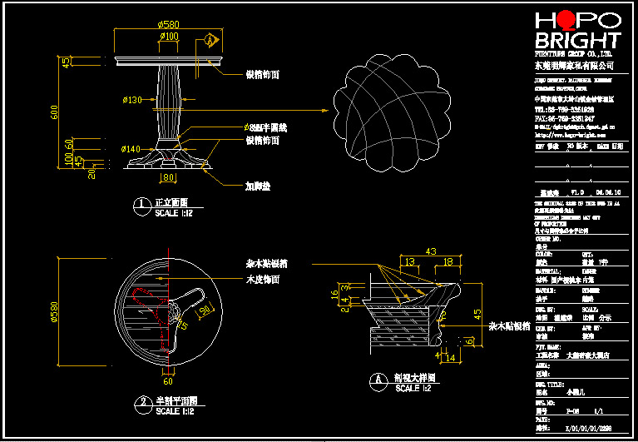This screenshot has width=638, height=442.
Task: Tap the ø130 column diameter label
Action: coord(133,100)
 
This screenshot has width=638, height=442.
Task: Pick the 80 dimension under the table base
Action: coord(168,177)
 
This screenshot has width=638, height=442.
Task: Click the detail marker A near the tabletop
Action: coord(211,39)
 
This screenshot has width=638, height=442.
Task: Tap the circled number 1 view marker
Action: coord(142,203)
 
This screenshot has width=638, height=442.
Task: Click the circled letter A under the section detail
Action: coord(380,379)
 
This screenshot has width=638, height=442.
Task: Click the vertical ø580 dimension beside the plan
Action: coord(55,311)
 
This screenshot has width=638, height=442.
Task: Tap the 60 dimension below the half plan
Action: coord(167,381)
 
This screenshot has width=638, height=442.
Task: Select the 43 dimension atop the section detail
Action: coord(431,251)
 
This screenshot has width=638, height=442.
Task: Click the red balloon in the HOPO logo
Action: coord(565,19)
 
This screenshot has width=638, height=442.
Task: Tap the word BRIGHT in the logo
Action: coord(577,41)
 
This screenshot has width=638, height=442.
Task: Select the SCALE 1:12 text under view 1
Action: coord(174,213)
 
